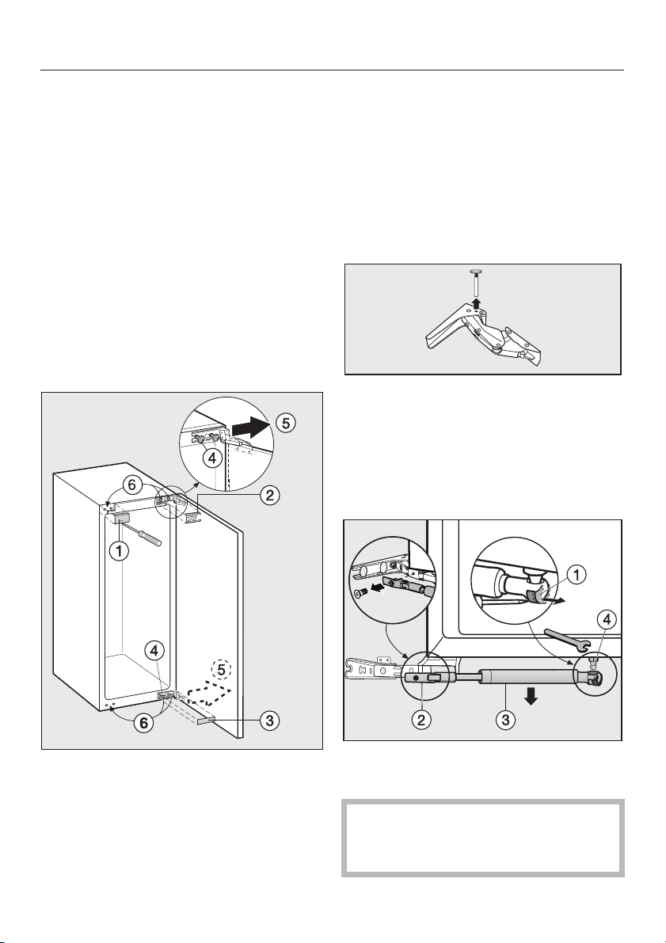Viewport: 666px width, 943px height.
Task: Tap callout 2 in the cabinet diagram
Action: (269, 496)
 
